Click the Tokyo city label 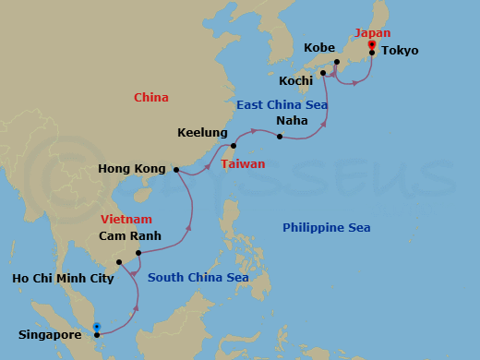(x=399, y=51)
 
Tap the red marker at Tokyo (x=371, y=43)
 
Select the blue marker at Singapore (x=96, y=326)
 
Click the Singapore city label (x=50, y=335)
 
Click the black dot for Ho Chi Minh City (x=119, y=262)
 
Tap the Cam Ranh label (x=130, y=236)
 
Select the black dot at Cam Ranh (x=138, y=253)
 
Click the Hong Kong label (x=132, y=169)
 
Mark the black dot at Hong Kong (x=175, y=170)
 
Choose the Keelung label (x=202, y=133)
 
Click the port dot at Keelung (x=234, y=146)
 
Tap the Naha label (x=292, y=121)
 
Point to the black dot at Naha (x=280, y=137)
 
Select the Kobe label (x=319, y=47)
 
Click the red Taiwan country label (x=243, y=164)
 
